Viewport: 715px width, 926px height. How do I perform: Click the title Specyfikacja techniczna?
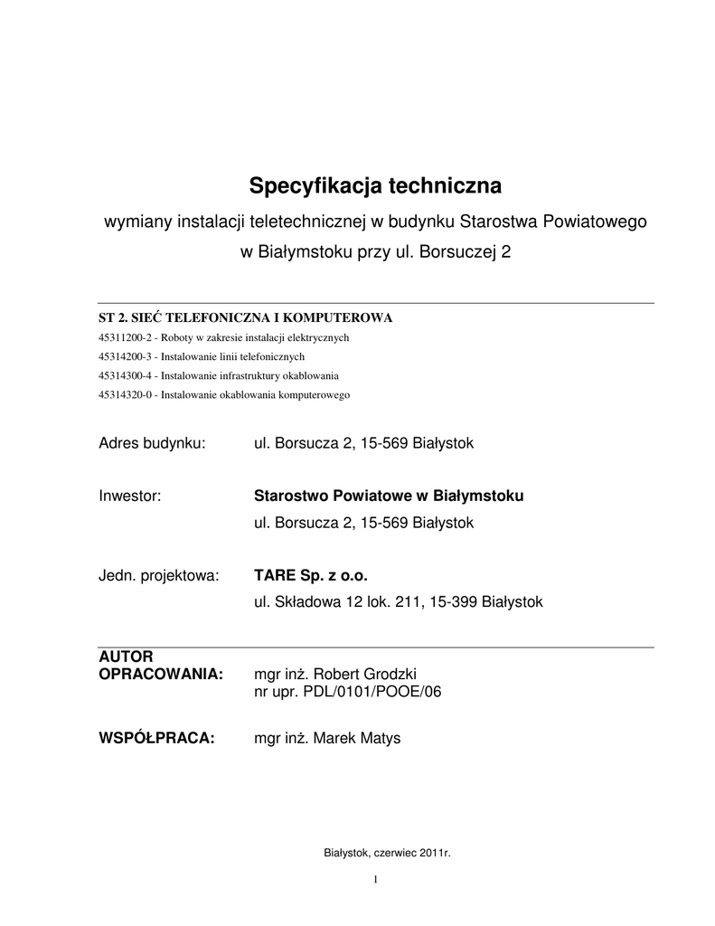coord(374,186)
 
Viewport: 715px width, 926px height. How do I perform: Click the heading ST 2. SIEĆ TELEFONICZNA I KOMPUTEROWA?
coord(245,317)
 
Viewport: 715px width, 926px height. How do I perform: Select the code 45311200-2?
coord(126,337)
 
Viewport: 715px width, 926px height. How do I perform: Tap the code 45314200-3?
coord(126,356)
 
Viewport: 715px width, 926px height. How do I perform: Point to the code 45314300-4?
coord(126,375)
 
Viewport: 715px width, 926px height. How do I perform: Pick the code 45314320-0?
coord(126,394)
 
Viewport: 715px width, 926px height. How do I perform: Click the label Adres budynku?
coord(152,443)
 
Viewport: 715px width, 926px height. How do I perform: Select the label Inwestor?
coord(129,496)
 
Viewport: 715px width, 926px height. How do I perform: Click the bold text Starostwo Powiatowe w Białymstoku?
coord(389,496)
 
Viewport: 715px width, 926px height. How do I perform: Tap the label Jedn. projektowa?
coord(158,575)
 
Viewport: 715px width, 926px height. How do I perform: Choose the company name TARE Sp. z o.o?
coord(312,575)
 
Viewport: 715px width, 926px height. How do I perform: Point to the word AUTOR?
coord(126,657)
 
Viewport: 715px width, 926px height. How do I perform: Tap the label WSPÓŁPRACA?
coord(156,738)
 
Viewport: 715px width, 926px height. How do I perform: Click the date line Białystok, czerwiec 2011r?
coord(387,853)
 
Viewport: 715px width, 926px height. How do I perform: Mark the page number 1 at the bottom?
coord(375,879)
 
